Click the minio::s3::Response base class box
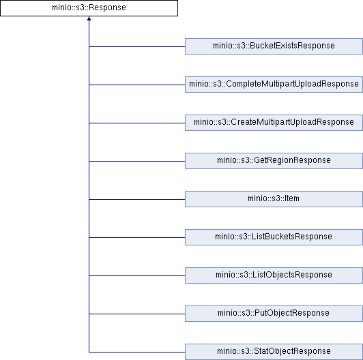(x=89, y=8)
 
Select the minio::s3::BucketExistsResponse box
(x=274, y=46)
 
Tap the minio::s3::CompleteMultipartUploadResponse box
(x=274, y=85)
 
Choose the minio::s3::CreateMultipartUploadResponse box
(x=274, y=123)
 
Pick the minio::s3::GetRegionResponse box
(x=274, y=161)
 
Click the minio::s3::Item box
(x=274, y=199)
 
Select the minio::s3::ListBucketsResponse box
(x=274, y=237)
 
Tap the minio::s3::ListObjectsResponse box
(x=274, y=275)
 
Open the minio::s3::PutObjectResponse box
(x=274, y=314)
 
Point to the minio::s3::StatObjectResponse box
(x=274, y=352)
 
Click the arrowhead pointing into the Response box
(x=89, y=18)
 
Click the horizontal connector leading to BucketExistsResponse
(x=137, y=46)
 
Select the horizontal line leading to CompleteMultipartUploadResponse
(x=137, y=85)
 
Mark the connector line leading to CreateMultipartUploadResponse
(x=137, y=123)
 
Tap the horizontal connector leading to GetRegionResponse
(x=137, y=161)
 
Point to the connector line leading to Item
(x=137, y=199)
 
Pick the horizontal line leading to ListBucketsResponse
(x=137, y=237)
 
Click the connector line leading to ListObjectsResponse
(x=137, y=275)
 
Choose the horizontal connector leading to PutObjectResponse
(x=137, y=314)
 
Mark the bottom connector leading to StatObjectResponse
(x=137, y=352)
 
